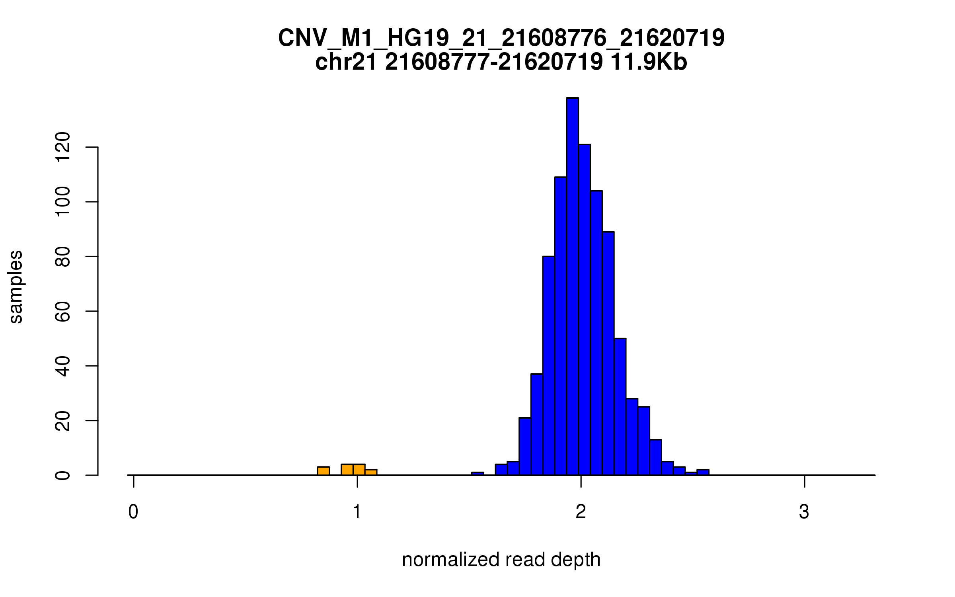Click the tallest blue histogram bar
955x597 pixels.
(572, 287)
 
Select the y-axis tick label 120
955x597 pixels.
(63, 147)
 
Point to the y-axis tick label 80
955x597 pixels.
(63, 257)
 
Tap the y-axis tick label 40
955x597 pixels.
(63, 366)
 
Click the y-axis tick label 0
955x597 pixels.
(63, 475)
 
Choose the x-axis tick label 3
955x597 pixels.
(804, 512)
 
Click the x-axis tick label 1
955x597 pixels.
(357, 512)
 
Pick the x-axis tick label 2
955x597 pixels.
(581, 512)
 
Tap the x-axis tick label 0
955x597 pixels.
(133, 512)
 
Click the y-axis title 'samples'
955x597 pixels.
(16, 287)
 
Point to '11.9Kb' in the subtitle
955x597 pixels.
(649, 62)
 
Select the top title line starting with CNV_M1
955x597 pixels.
(501, 38)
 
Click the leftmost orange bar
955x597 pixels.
(323, 471)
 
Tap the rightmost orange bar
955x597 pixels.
(371, 472)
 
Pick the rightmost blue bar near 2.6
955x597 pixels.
(703, 472)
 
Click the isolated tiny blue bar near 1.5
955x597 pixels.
(477, 474)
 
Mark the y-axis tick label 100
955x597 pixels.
(63, 202)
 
